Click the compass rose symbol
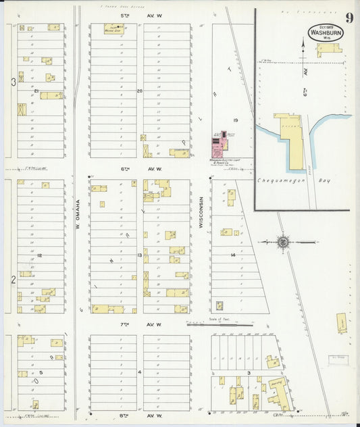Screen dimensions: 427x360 pos(284,242)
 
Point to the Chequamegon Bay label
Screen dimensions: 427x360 pos(282,180)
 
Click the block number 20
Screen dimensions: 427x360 pos(140,91)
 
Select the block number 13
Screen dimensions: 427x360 pos(140,255)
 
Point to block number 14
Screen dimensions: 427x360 pos(232,255)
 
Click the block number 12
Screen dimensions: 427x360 pos(40,255)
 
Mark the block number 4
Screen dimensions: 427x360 pos(140,372)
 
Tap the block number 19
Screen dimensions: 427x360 pos(236,120)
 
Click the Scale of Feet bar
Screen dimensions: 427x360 pos(220,325)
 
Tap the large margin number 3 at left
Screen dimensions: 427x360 pos(13,81)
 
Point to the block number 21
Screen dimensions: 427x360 pos(36,91)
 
